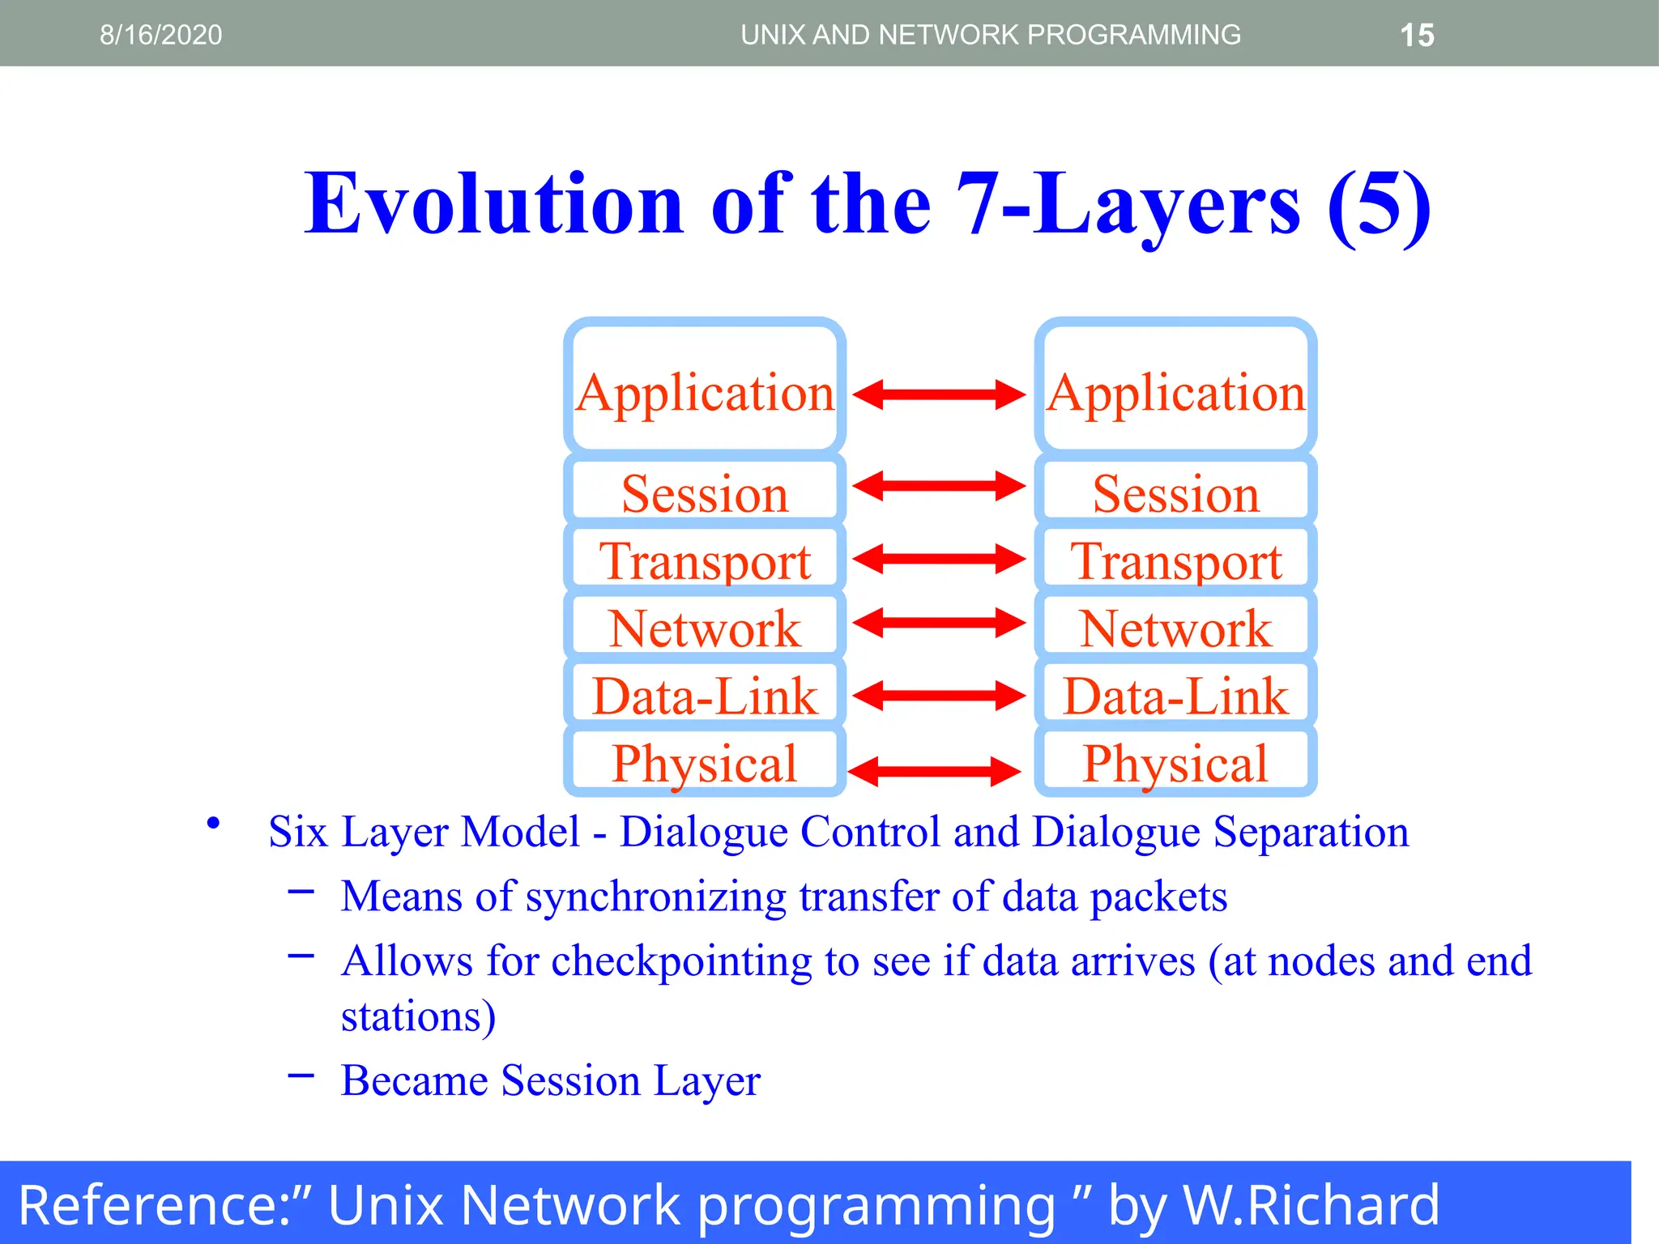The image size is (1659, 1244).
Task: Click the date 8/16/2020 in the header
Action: pos(160,35)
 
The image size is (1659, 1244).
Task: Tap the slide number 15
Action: pos(1417,36)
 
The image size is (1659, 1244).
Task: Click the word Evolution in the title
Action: pos(493,204)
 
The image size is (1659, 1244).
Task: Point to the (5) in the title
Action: pos(1379,206)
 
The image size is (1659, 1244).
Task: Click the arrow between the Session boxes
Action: pos(939,487)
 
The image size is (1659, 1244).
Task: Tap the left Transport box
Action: pos(705,560)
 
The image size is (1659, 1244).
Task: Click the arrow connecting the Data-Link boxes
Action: pos(939,696)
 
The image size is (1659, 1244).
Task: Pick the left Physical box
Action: pos(705,762)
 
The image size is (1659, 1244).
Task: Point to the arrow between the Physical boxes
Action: pos(934,772)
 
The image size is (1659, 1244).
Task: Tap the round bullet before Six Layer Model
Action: pos(213,824)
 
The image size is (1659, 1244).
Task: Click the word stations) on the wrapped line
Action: pos(418,1016)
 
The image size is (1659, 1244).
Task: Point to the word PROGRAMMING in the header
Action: pos(1133,35)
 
